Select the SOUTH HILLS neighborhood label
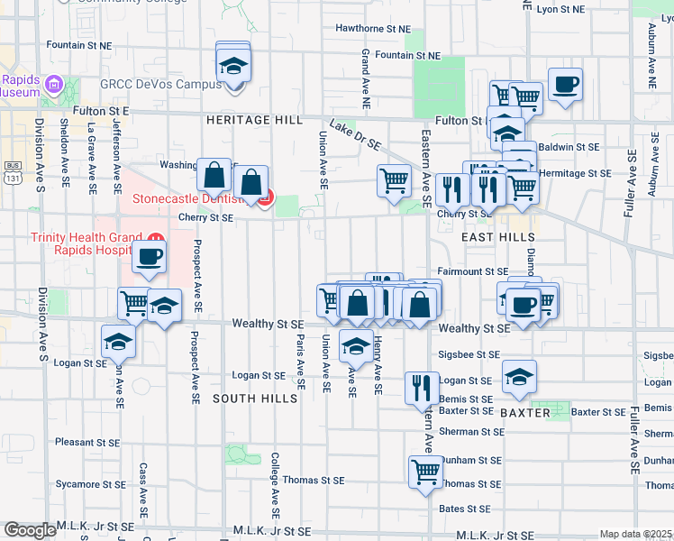255,399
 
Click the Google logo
30,530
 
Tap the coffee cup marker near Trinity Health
149,256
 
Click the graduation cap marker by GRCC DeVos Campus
233,66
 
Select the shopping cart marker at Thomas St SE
424,471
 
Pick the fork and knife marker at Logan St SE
422,387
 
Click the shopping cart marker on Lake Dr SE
394,179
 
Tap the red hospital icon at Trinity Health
154,239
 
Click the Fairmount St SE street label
473,271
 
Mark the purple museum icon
53,87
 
